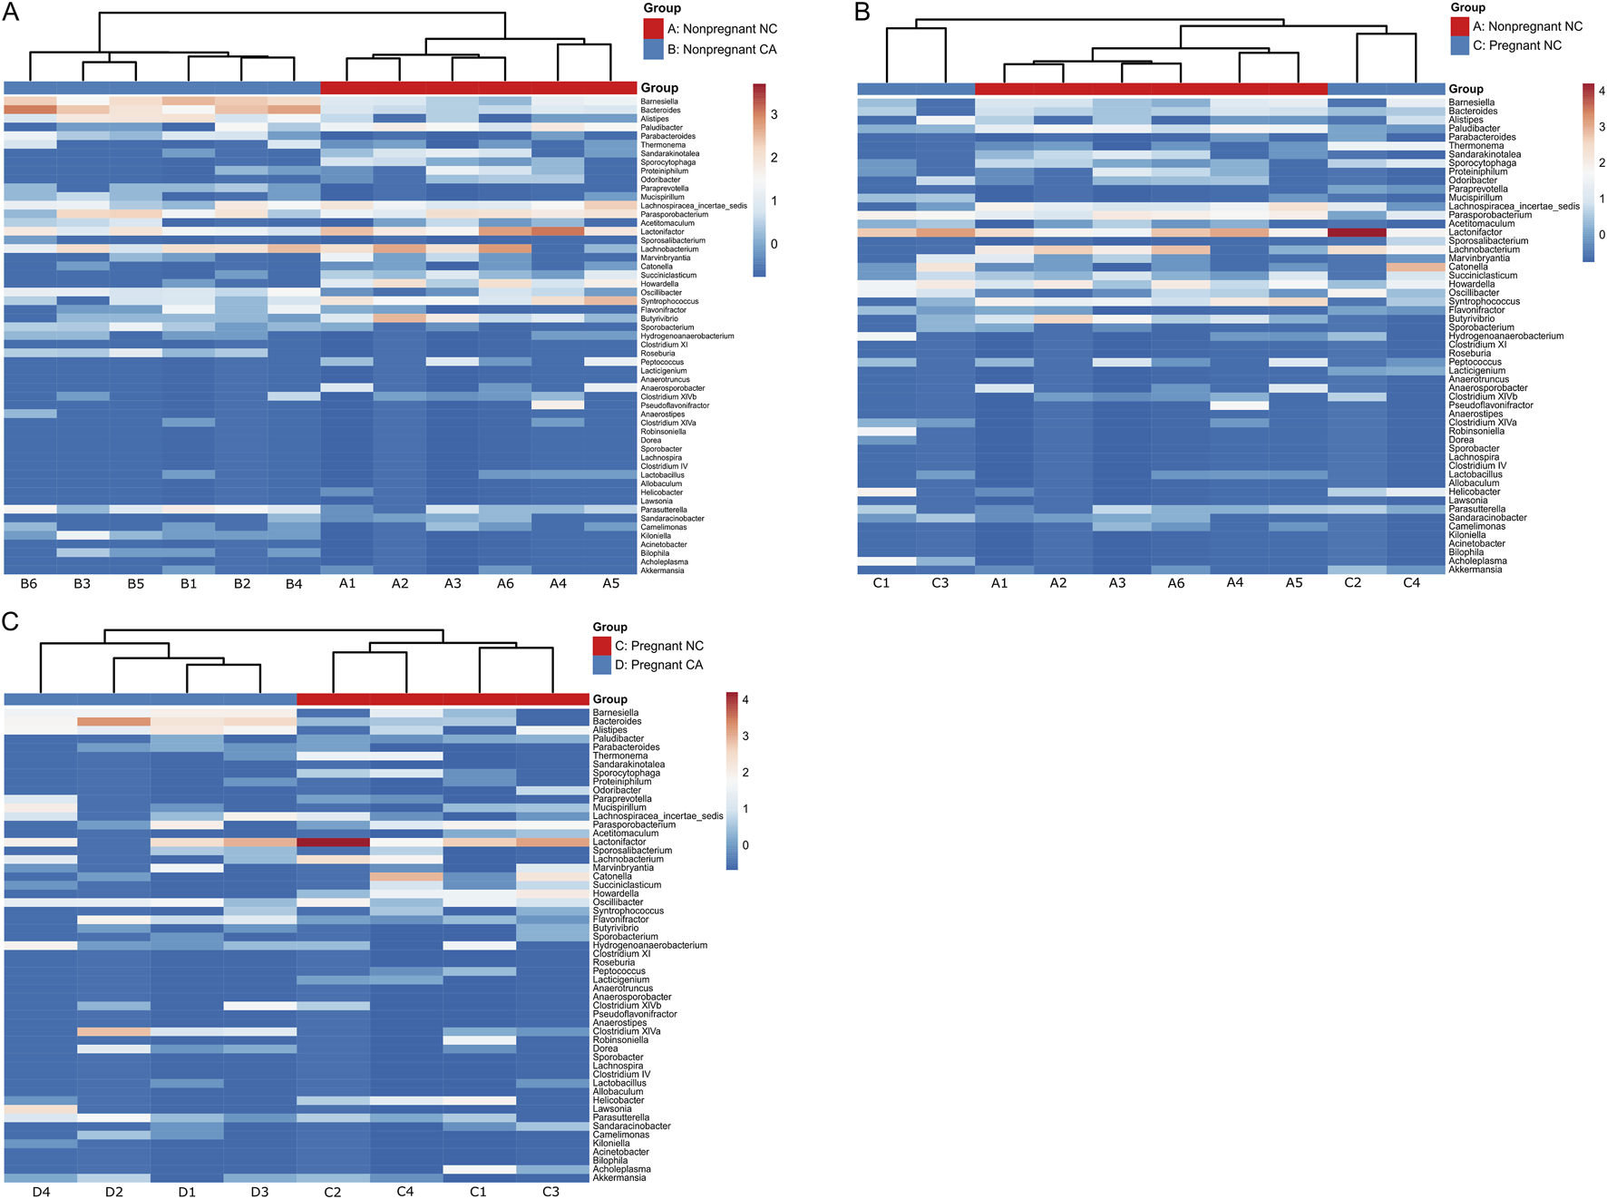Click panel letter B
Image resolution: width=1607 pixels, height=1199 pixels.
862,12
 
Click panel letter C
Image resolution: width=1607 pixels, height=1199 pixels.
10,621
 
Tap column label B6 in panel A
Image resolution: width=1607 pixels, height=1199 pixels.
29,584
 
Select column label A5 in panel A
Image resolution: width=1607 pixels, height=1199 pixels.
611,584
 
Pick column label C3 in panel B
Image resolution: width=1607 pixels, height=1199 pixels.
940,583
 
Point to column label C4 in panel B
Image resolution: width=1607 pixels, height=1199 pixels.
1411,583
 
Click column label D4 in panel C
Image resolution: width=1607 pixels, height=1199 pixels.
41,1192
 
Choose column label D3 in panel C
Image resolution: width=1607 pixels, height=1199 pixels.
259,1192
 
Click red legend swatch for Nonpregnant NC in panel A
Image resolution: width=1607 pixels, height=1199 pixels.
653,29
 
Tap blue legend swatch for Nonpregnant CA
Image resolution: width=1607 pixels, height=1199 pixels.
653,50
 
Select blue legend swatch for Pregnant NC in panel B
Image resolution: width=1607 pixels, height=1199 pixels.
1459,45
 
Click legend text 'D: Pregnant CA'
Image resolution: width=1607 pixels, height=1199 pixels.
658,665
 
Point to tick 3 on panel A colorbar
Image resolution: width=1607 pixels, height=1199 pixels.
774,114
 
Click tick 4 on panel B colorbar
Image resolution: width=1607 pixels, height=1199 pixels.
1602,91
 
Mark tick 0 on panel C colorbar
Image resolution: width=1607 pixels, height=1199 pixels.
745,845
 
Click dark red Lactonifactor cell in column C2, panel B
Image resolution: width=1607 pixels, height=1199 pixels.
1356,232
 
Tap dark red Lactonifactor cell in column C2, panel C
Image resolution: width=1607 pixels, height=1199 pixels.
333,842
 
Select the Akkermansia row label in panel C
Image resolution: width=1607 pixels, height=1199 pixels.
619,1177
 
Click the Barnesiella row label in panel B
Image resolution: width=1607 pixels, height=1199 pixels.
1471,102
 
